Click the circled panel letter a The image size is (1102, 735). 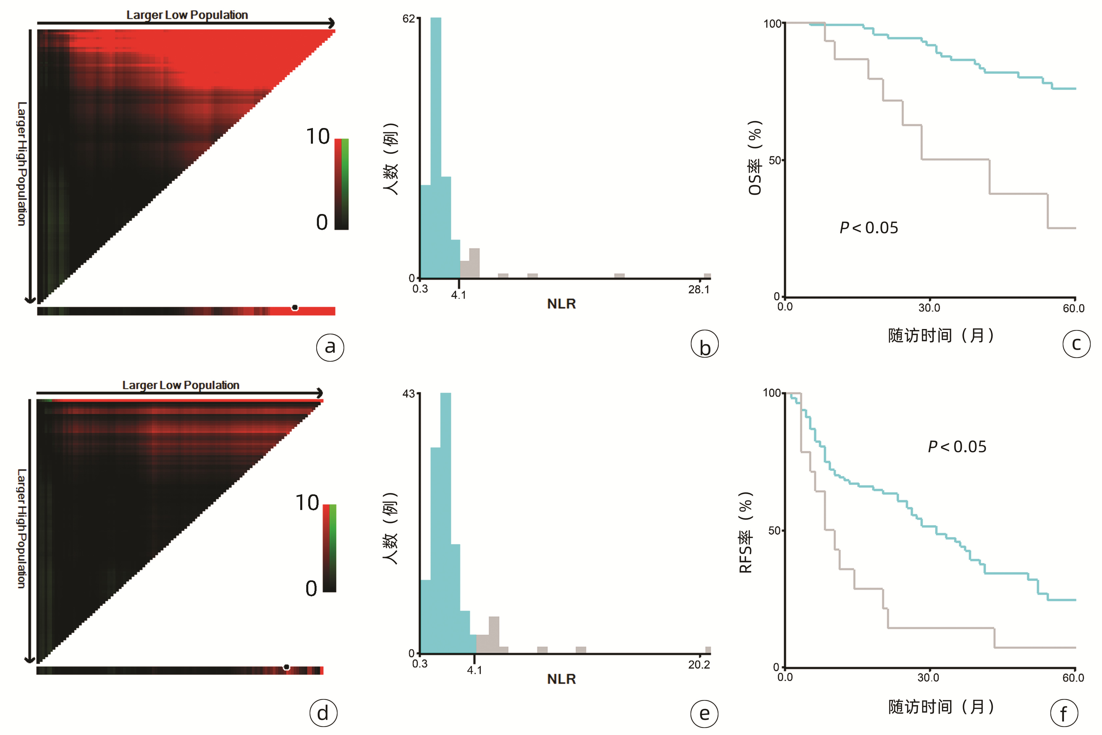(330, 347)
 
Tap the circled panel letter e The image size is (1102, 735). (704, 713)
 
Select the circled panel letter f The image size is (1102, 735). (1064, 713)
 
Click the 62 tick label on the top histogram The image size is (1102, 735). (409, 19)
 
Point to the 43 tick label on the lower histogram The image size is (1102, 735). (409, 394)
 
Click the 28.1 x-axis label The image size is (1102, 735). (698, 290)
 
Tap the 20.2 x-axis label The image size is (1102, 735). (698, 665)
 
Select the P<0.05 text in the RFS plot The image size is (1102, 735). (957, 447)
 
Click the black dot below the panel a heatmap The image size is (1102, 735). (295, 307)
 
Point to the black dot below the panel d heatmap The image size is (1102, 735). (286, 667)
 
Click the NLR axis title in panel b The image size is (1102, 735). (561, 304)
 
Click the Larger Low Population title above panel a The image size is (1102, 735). (187, 15)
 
